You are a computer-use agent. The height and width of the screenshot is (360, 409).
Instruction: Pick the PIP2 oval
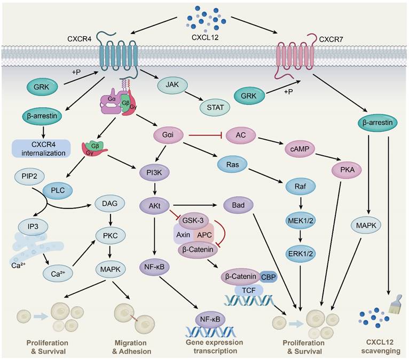coord(30,175)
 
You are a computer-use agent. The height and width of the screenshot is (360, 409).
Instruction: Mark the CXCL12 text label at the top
coord(206,37)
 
